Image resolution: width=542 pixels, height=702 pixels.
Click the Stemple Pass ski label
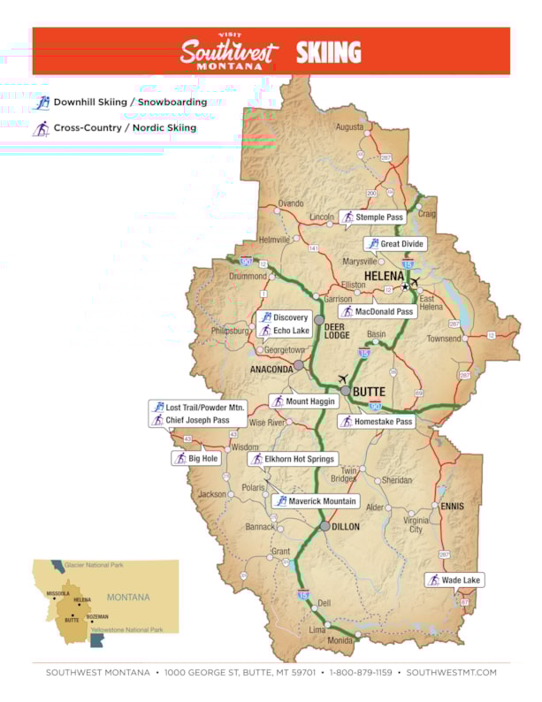(x=372, y=217)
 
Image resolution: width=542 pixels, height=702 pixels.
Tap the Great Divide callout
(x=395, y=244)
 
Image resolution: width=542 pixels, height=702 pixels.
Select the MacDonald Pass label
(x=376, y=311)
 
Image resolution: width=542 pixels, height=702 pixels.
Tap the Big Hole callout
(x=195, y=459)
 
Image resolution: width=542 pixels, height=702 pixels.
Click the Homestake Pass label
(x=376, y=422)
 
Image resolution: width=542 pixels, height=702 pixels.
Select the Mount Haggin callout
(x=303, y=401)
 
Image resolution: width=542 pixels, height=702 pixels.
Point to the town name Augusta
(x=349, y=127)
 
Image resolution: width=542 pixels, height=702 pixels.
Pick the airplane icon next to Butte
(x=344, y=379)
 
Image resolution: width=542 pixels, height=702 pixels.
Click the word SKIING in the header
(x=328, y=52)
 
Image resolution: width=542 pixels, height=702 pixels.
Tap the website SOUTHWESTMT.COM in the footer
(x=452, y=673)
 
